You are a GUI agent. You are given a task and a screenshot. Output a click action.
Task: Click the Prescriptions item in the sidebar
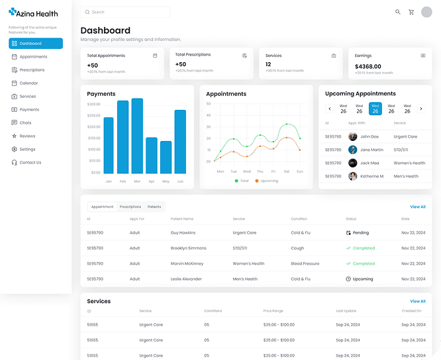pyautogui.click(x=32, y=70)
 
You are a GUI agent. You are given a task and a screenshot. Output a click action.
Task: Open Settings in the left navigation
pyautogui.click(x=27, y=150)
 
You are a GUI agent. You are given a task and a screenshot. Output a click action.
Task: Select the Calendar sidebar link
pyautogui.click(x=28, y=83)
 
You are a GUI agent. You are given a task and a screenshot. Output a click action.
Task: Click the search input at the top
pyautogui.click(x=125, y=12)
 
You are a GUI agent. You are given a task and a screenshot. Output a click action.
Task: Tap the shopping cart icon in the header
pyautogui.click(x=411, y=12)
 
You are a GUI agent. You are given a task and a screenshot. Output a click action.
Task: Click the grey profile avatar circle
pyautogui.click(x=426, y=12)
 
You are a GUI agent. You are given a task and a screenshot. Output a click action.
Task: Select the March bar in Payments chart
pyautogui.click(x=137, y=136)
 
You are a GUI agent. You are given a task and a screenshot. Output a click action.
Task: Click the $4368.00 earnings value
pyautogui.click(x=368, y=67)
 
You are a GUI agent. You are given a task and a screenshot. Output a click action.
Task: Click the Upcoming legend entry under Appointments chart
pyautogui.click(x=266, y=181)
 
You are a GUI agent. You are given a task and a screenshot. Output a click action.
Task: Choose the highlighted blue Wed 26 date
pyautogui.click(x=375, y=109)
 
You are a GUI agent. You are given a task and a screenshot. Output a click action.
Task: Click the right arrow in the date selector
pyautogui.click(x=421, y=109)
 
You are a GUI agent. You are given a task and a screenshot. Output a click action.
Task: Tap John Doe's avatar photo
pyautogui.click(x=353, y=137)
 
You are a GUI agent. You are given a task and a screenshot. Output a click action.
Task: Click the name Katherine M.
pyautogui.click(x=371, y=177)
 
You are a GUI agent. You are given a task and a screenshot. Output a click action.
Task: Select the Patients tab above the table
pyautogui.click(x=154, y=207)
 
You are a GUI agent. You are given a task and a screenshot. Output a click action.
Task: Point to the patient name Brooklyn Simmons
pyautogui.click(x=188, y=248)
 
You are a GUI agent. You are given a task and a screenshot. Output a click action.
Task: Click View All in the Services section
pyautogui.click(x=417, y=301)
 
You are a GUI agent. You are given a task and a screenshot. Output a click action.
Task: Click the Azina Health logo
pyautogui.click(x=33, y=13)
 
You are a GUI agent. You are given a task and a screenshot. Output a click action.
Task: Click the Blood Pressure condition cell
pyautogui.click(x=305, y=263)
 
